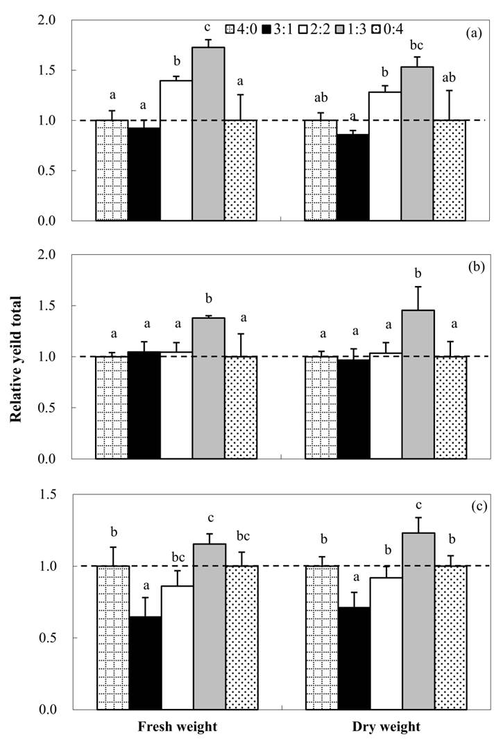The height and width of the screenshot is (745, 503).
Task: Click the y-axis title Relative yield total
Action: pyautogui.click(x=15, y=361)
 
